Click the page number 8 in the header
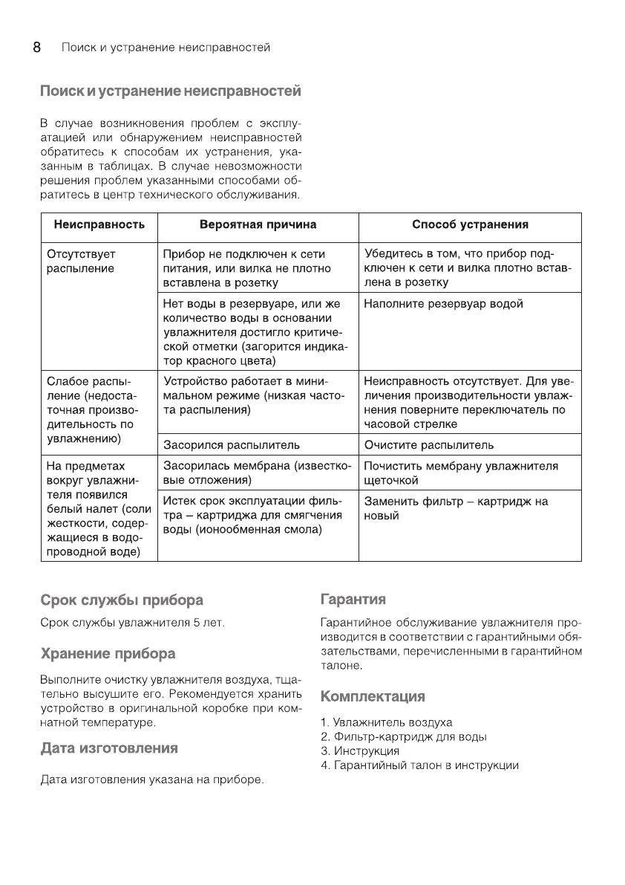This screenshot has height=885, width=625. point(36,48)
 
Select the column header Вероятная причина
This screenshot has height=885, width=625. point(258,224)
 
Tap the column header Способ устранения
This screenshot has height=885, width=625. point(470,224)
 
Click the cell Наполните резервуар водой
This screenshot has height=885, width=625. point(443,304)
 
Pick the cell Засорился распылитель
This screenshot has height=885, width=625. point(231,445)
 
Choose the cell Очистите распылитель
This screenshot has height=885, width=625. point(428,445)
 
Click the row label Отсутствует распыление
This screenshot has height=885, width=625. point(81,261)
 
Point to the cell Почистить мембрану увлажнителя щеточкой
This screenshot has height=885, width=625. point(460,473)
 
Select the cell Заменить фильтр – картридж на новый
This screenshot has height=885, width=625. point(456,508)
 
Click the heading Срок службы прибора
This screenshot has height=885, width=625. point(121,600)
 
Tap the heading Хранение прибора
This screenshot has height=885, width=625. point(108,654)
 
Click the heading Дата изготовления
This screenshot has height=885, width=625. point(108,748)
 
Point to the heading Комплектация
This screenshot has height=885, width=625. point(373,697)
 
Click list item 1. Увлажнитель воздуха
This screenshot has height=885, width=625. point(386,722)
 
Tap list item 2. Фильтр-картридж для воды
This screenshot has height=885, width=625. point(403,737)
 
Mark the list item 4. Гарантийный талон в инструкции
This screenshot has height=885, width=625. point(419,765)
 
